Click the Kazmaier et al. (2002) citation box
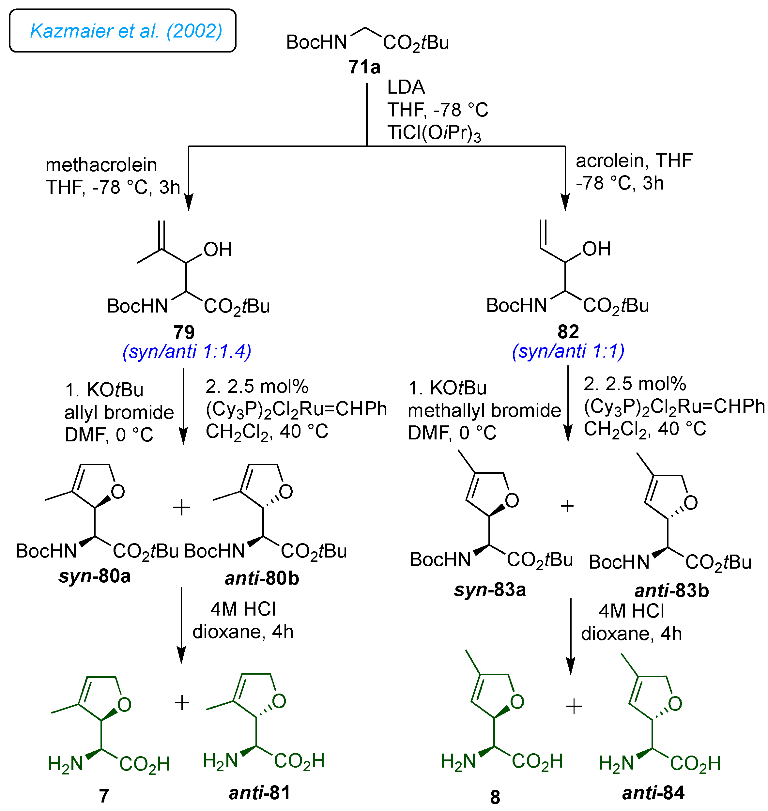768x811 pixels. coord(122,31)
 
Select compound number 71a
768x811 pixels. coord(364,67)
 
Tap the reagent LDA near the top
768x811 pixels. coord(406,87)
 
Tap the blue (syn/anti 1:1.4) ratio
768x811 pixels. coord(187,352)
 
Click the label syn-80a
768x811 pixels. coord(95,576)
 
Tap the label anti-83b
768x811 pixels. coord(671,590)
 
